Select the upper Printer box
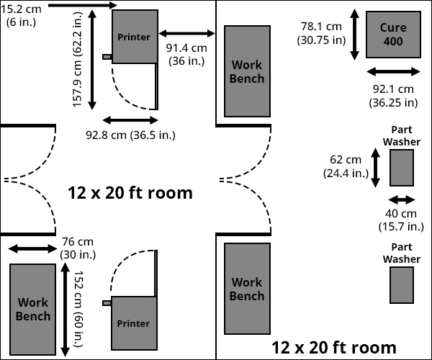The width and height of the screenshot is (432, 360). (x=134, y=36)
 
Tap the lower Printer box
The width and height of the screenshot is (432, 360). (x=133, y=323)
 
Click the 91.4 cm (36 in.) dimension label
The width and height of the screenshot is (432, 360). (x=186, y=54)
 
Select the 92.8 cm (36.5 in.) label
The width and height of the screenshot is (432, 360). (x=130, y=135)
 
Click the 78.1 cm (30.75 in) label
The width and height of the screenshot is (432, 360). (x=323, y=33)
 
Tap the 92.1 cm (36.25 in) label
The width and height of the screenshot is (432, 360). (x=393, y=95)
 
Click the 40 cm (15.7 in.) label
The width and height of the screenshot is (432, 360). (x=401, y=220)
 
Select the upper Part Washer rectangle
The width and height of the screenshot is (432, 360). (x=401, y=167)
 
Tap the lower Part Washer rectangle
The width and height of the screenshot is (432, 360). (x=401, y=284)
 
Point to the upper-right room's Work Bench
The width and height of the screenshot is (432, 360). (x=247, y=71)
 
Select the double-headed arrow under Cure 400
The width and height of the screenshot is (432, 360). (x=393, y=71)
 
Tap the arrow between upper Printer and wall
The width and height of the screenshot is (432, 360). (x=186, y=33)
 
